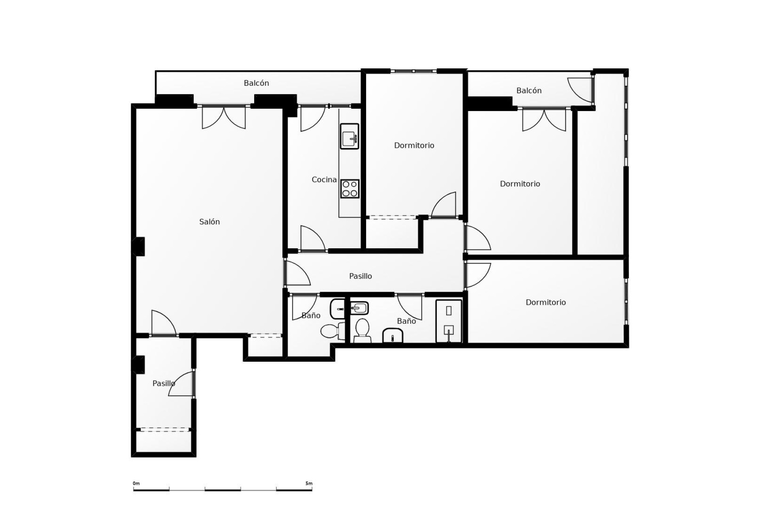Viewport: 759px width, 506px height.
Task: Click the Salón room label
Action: point(209,222)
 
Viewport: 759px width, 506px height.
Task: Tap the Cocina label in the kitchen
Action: point(324,180)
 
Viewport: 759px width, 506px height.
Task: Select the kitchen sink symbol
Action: point(349,136)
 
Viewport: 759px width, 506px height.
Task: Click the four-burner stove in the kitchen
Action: point(350,189)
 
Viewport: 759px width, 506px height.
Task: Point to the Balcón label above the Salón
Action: point(256,83)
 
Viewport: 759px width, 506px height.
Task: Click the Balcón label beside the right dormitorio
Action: point(529,91)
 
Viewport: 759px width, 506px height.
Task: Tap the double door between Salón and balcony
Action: point(224,117)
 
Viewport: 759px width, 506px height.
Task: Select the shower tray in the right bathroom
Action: point(449,321)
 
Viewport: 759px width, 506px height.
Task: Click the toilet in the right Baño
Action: point(362,330)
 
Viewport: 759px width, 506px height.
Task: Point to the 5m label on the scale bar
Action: point(309,483)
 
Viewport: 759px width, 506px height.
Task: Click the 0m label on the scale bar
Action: point(136,483)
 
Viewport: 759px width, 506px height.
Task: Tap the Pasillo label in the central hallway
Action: point(360,276)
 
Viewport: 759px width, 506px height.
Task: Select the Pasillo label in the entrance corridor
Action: point(164,383)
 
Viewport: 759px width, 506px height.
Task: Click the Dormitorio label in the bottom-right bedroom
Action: point(546,302)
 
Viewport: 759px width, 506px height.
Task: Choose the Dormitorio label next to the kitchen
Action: point(414,145)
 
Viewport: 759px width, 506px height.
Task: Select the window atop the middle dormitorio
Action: point(413,71)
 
